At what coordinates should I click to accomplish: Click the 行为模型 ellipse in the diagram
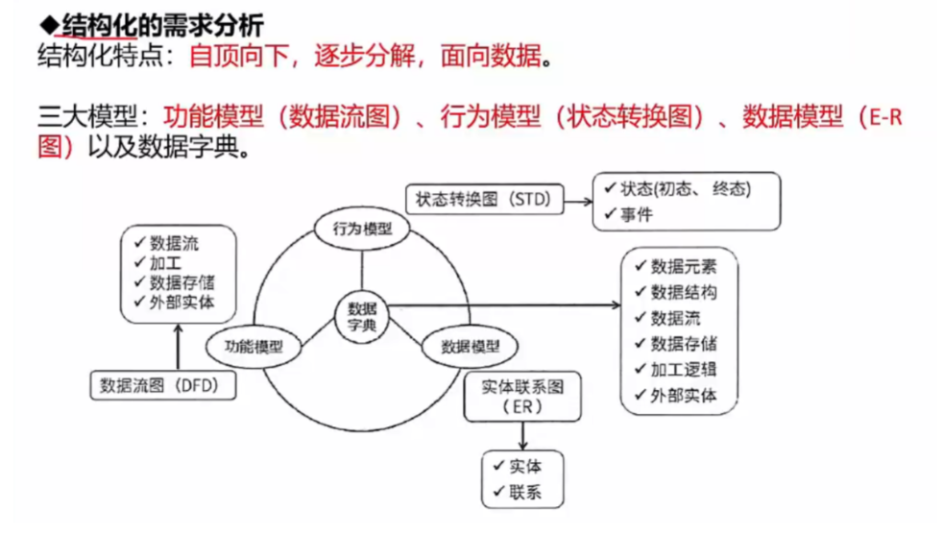pyautogui.click(x=362, y=230)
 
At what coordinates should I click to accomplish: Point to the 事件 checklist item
pyautogui.click(x=636, y=214)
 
